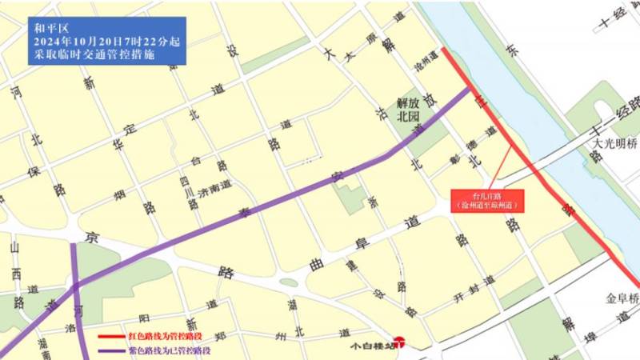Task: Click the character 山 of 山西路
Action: (14, 249)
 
